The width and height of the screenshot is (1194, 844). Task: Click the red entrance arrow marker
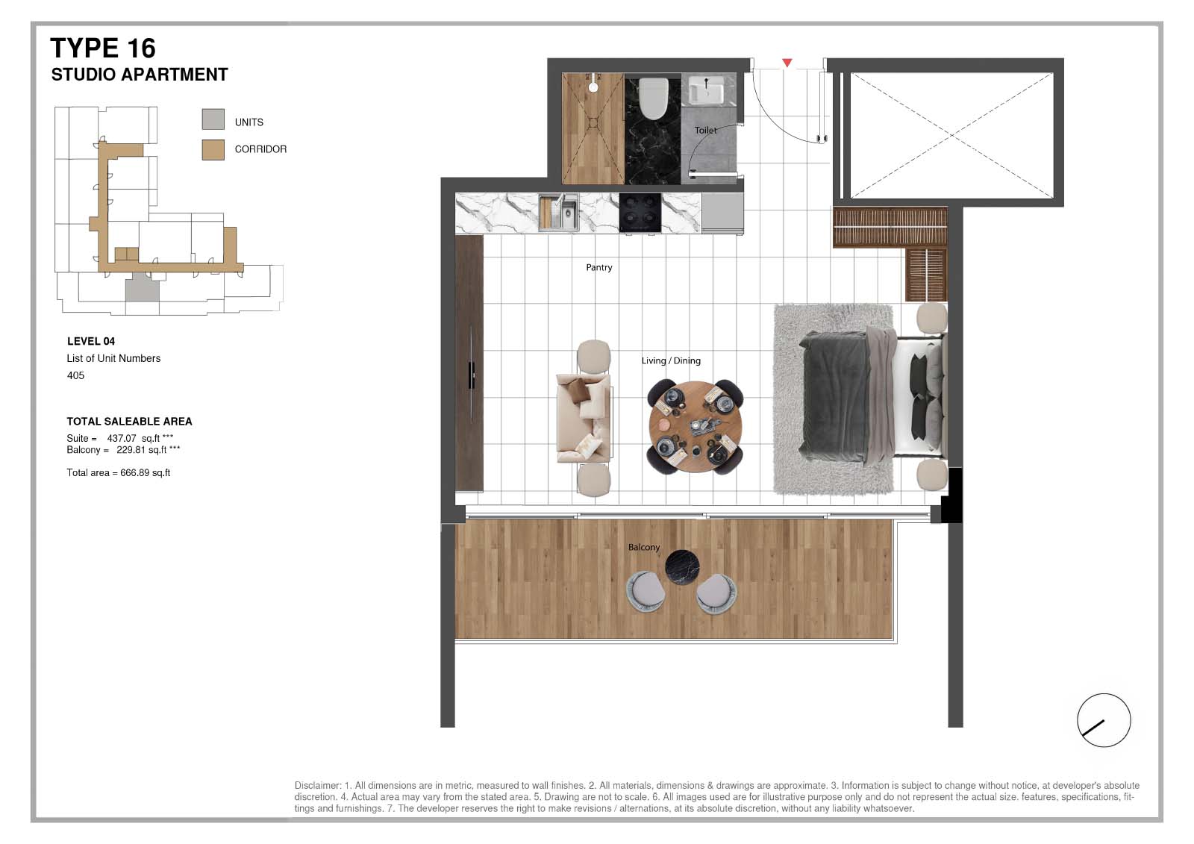(787, 63)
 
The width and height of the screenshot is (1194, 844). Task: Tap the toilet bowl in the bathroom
(653, 98)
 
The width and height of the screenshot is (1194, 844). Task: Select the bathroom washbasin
(706, 90)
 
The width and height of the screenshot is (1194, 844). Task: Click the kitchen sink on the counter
(559, 213)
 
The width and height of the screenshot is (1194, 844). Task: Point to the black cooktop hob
(640, 213)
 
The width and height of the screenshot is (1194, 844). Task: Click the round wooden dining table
(695, 427)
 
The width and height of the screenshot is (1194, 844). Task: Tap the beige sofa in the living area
(584, 418)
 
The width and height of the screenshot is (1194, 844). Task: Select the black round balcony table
(682, 567)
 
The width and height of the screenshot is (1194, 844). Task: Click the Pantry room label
(598, 268)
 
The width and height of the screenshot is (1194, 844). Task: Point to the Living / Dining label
(671, 361)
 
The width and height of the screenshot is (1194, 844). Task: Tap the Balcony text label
(643, 548)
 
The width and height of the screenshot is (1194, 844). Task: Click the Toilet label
(705, 130)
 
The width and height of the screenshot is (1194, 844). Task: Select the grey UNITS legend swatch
(213, 119)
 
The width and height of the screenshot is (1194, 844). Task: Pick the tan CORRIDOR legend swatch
(213, 150)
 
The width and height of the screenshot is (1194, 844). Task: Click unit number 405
(75, 375)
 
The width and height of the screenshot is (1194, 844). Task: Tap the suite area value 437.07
(122, 438)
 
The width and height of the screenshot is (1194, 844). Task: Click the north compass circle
(1104, 720)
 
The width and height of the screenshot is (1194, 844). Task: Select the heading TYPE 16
(103, 48)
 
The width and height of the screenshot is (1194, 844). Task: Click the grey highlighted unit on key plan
(143, 290)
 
